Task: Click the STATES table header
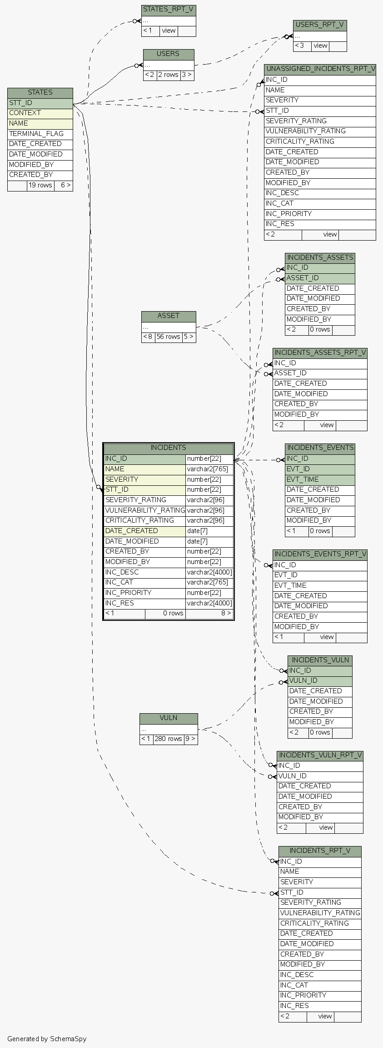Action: pyautogui.click(x=40, y=92)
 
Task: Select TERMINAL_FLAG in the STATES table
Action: pyautogui.click(x=36, y=134)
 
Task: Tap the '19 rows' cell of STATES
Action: pyautogui.click(x=40, y=186)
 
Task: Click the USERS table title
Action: pyautogui.click(x=168, y=54)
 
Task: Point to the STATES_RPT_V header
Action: pyautogui.click(x=169, y=9)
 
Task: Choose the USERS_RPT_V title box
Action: pyautogui.click(x=319, y=25)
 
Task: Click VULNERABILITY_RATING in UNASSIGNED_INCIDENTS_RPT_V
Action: pyautogui.click(x=305, y=131)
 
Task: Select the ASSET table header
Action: pyautogui.click(x=168, y=316)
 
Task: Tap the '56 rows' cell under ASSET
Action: pyautogui.click(x=169, y=337)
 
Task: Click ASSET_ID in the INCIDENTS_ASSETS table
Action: pyautogui.click(x=303, y=278)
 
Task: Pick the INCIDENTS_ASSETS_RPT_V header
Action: pyautogui.click(x=320, y=353)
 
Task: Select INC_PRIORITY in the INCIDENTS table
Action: pyautogui.click(x=128, y=593)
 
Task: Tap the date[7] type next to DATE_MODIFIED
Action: pyautogui.click(x=197, y=541)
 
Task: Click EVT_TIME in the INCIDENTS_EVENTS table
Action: pyautogui.click(x=303, y=479)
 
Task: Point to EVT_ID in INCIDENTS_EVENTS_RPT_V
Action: pyautogui.click(x=286, y=575)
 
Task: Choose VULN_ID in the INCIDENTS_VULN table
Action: pyautogui.click(x=303, y=680)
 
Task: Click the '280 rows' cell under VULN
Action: pyautogui.click(x=168, y=739)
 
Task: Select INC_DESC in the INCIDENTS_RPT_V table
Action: pyautogui.click(x=297, y=974)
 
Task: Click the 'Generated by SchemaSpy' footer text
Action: pyautogui.click(x=47, y=1038)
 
